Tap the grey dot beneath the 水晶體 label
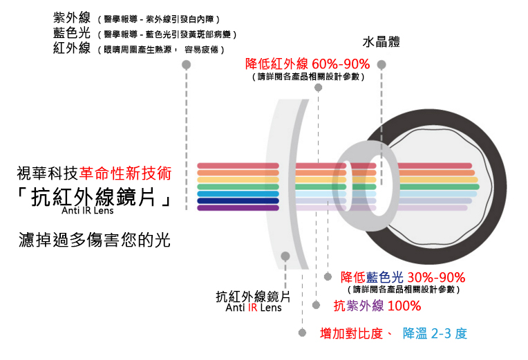coord(381,65)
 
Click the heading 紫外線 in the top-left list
coord(71,18)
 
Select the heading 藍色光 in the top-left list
coord(71,33)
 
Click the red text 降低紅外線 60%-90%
coord(308,64)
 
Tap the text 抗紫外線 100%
coord(377,305)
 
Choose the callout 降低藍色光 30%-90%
coord(403,277)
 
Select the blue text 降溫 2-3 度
coord(435,333)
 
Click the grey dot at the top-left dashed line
coord(186,65)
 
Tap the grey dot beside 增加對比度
coord(302,332)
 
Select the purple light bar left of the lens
coord(238,207)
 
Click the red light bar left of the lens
coord(238,166)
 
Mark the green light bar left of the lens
coord(238,187)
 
